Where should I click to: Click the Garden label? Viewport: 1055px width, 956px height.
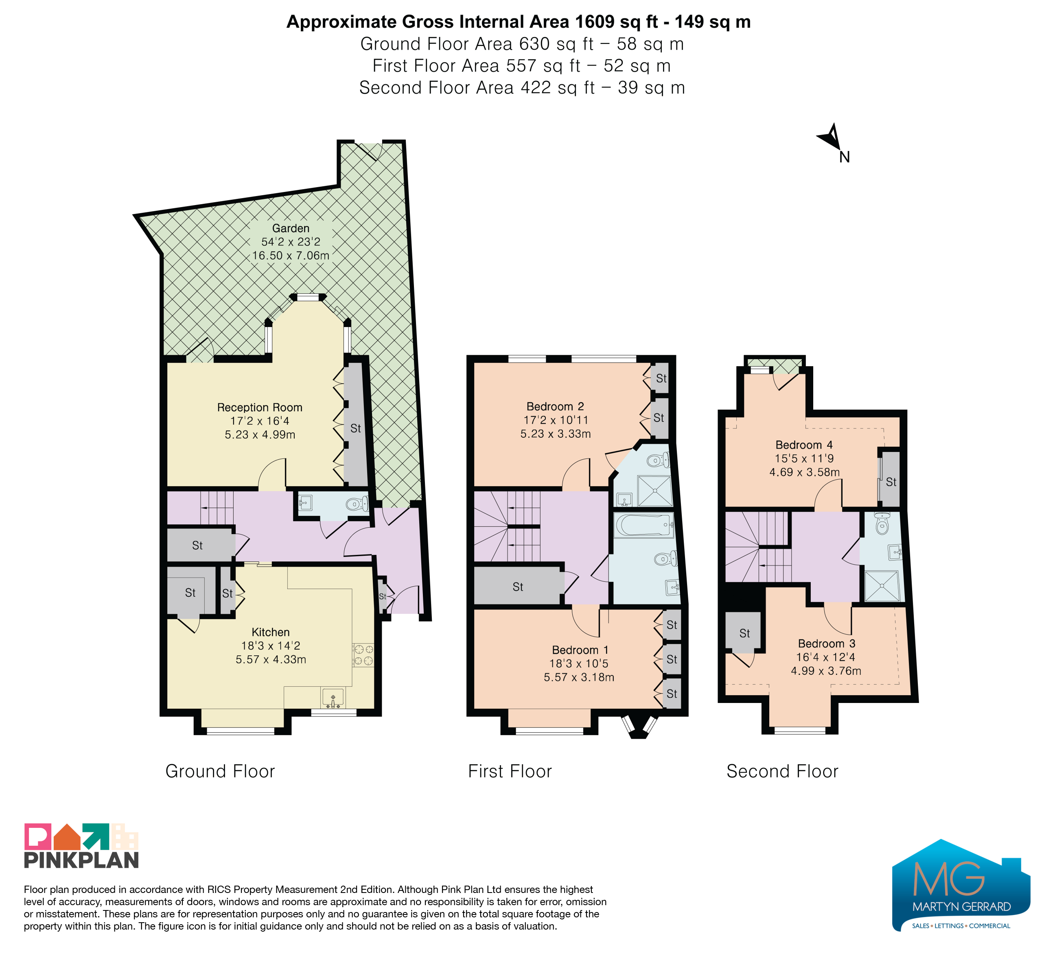[291, 229]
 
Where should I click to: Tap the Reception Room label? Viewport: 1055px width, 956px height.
[260, 407]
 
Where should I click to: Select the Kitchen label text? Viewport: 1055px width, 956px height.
[271, 632]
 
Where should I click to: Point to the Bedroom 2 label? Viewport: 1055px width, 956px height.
[555, 406]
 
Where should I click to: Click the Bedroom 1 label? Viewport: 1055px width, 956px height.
[580, 650]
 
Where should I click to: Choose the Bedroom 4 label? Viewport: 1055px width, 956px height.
[804, 445]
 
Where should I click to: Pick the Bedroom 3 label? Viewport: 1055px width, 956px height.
[826, 644]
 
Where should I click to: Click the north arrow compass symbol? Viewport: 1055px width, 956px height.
[832, 138]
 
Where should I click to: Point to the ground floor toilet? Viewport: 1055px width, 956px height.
[357, 505]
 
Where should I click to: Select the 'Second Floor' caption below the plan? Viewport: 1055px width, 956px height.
[782, 771]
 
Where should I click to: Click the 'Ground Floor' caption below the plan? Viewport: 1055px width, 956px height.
[220, 771]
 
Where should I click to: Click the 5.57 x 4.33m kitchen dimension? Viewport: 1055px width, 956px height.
[271, 659]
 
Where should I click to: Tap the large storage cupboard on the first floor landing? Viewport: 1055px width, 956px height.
[518, 586]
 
